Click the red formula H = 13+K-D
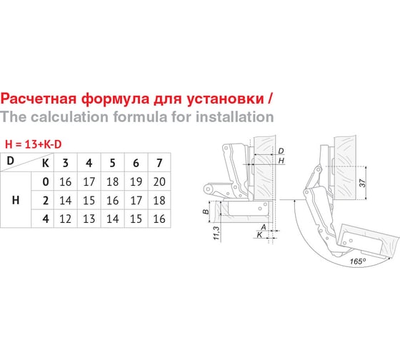coord(33,144)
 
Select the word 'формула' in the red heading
coord(116,99)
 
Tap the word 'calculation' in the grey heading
coord(70,116)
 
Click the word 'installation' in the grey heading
coord(235,116)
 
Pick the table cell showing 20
coord(159,181)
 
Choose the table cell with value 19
coord(136,181)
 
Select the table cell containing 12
coord(66,219)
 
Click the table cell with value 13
coord(89,219)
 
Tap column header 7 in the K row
coord(159,163)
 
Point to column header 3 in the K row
coord(66,163)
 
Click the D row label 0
coord(46,181)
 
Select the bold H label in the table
coord(16,200)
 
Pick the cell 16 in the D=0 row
coord(66,181)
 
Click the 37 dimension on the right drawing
coord(362,183)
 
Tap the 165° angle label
coord(358,261)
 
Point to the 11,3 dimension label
coord(216,233)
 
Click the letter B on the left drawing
coord(206,211)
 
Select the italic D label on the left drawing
coord(281,151)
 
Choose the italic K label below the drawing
coord(259,235)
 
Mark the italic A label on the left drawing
coord(264,227)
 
